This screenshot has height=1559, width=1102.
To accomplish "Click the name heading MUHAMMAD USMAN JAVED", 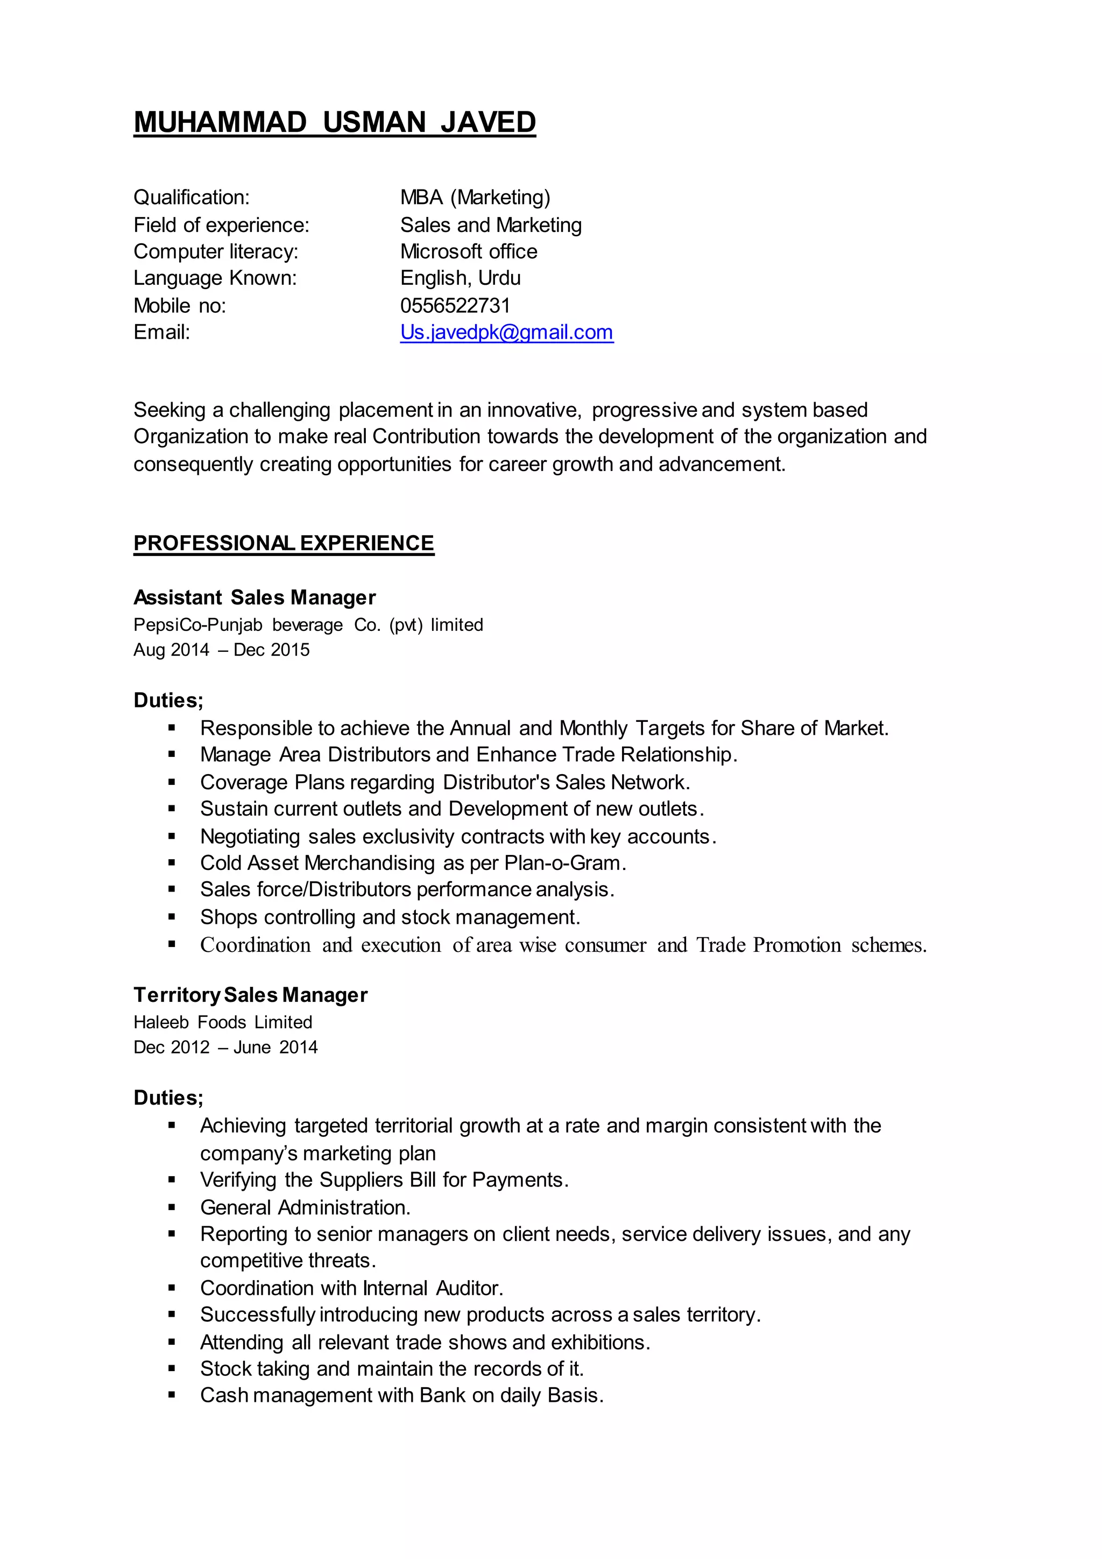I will [x=335, y=122].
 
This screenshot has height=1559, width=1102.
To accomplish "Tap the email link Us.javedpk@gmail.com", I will [x=506, y=332].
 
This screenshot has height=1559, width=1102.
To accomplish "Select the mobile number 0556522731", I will [x=455, y=306].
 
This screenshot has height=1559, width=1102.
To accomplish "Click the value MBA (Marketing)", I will [x=475, y=198].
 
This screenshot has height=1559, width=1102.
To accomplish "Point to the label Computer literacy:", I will [x=216, y=252].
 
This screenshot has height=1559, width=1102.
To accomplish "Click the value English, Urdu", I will [x=460, y=278].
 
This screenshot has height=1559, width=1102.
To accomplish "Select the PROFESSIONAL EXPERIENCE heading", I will [x=284, y=543].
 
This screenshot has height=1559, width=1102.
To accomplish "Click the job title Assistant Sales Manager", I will [x=255, y=598].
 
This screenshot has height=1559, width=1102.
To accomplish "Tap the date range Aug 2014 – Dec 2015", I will [x=221, y=650].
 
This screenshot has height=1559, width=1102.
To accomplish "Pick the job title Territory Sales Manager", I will [x=250, y=995].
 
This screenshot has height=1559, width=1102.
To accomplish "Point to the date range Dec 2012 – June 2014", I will [x=225, y=1047].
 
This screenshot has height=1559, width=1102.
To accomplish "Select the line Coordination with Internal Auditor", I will [x=351, y=1288].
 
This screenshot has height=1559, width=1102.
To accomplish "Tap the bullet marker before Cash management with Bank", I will [x=172, y=1395].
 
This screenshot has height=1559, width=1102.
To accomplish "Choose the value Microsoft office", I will [x=468, y=252].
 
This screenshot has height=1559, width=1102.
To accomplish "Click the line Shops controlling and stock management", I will [x=390, y=917].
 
